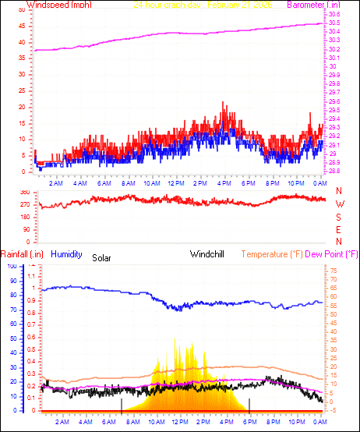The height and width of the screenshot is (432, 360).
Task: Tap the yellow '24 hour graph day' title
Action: (x=208, y=5)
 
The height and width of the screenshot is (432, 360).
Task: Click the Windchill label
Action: (x=208, y=254)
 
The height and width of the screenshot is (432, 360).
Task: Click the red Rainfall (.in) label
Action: (x=22, y=254)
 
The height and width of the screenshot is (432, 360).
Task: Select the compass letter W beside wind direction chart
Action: (x=339, y=204)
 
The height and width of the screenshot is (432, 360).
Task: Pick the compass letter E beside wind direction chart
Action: (x=339, y=230)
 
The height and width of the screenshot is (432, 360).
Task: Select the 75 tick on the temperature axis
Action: (x=334, y=271)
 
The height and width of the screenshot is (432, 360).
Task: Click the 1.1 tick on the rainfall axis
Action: (x=32, y=277)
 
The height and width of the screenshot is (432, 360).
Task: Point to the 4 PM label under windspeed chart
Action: (x=224, y=183)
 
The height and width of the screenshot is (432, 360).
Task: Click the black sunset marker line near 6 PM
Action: (x=249, y=404)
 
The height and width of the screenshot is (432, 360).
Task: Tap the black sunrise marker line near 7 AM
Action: (x=122, y=404)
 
